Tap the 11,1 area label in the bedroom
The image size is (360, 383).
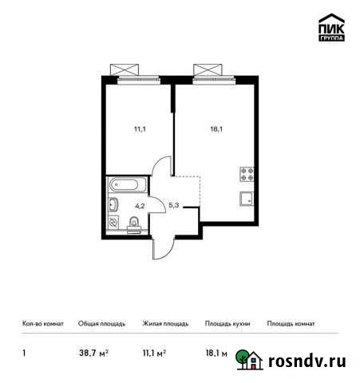tap(140, 124)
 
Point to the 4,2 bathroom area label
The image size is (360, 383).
tap(139, 205)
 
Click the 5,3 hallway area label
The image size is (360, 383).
tap(173, 205)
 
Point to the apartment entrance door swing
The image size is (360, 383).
tap(160, 247)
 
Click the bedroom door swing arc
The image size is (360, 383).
tap(163, 168)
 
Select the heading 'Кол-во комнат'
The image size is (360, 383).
tap(42, 324)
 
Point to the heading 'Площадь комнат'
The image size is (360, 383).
tap(291, 324)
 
